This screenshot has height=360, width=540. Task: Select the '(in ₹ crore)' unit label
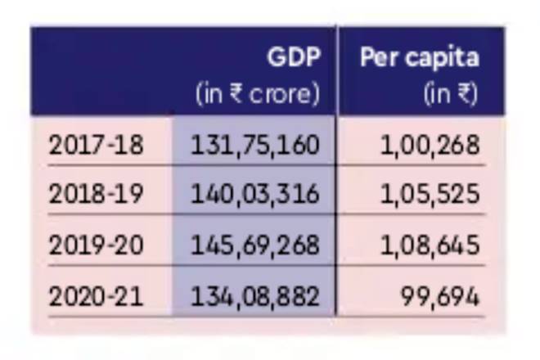point(257,94)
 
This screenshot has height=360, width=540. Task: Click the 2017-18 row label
point(96,145)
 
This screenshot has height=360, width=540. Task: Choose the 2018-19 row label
point(96,194)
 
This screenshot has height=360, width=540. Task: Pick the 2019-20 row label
point(96,245)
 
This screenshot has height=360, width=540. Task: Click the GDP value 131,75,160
point(254,145)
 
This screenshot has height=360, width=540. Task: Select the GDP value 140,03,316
point(254,194)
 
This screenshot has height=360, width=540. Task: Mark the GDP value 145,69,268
point(254,245)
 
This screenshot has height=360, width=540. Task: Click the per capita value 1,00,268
point(430,145)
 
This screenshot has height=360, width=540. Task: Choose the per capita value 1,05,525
point(430,194)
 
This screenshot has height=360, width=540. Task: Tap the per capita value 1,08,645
point(430,245)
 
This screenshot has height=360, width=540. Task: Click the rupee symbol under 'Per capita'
point(465,94)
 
